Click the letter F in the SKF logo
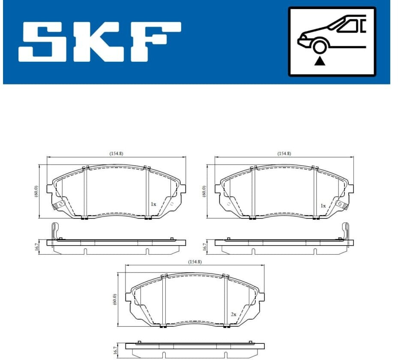coord(155,42)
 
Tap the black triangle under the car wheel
coord(320,61)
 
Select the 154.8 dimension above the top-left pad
coord(116,153)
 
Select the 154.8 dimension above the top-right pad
coord(284,153)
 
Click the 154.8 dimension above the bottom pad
coord(195,262)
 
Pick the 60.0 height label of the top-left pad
coord(36,191)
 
